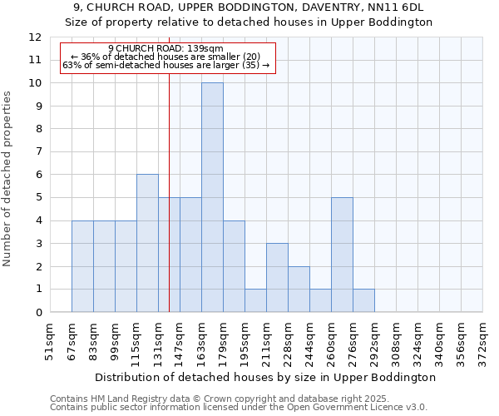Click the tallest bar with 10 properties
tap(212, 197)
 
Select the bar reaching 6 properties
tap(147, 243)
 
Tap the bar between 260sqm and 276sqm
tap(342, 255)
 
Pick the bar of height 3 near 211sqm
tap(277, 278)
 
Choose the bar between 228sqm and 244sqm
tap(299, 289)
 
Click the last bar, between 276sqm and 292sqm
tap(363, 300)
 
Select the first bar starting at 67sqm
tap(82, 266)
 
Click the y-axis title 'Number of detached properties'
tap(8, 180)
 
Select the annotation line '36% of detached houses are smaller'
tap(166, 57)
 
